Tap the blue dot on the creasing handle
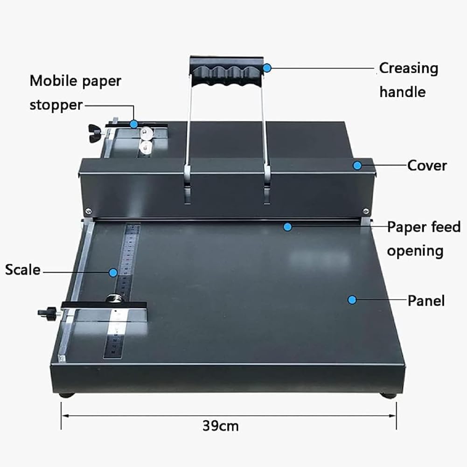point(267,68)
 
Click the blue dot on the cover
point(357,165)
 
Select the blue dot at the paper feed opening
point(287,227)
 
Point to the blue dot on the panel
point(352,300)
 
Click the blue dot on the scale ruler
point(113,272)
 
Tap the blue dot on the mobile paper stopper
point(134,124)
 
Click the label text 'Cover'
point(427,166)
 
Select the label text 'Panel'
point(426,300)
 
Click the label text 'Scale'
point(23,270)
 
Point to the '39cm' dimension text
point(221,426)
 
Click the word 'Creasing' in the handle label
point(408,69)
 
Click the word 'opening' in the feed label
point(415,251)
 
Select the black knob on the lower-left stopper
point(46,312)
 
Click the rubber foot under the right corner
point(389,396)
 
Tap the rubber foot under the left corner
point(67,395)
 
